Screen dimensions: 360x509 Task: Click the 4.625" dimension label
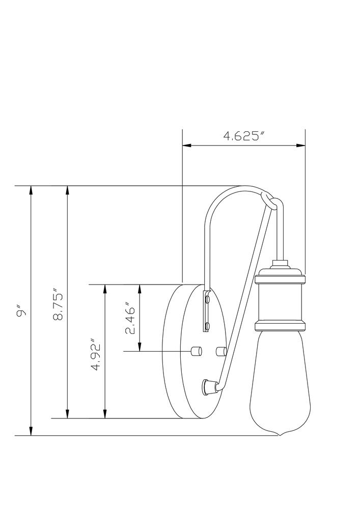tap(243, 136)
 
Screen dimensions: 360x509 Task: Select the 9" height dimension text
tap(21, 311)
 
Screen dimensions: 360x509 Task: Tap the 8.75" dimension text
tap(58, 307)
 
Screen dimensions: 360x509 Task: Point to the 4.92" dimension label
tap(95, 355)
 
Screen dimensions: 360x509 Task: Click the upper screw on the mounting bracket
tap(207, 297)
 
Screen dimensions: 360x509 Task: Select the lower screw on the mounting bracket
tap(207, 325)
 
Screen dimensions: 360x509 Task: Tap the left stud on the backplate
tap(196, 351)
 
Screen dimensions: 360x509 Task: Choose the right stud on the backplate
tap(221, 351)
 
